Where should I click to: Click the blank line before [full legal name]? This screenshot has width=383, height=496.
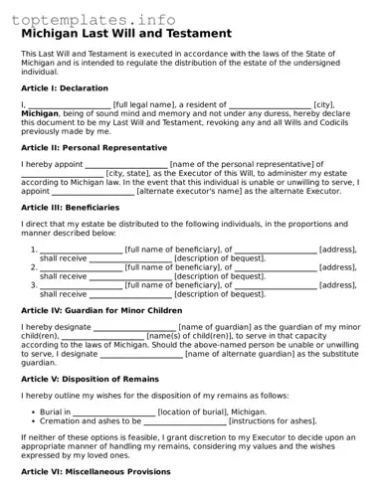point(69,106)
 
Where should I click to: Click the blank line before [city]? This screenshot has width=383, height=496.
point(270,106)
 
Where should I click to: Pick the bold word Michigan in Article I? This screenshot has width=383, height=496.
point(41,114)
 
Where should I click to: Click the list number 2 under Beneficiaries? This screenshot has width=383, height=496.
point(33,267)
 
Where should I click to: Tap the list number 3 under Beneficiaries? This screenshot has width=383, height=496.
point(33,285)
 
